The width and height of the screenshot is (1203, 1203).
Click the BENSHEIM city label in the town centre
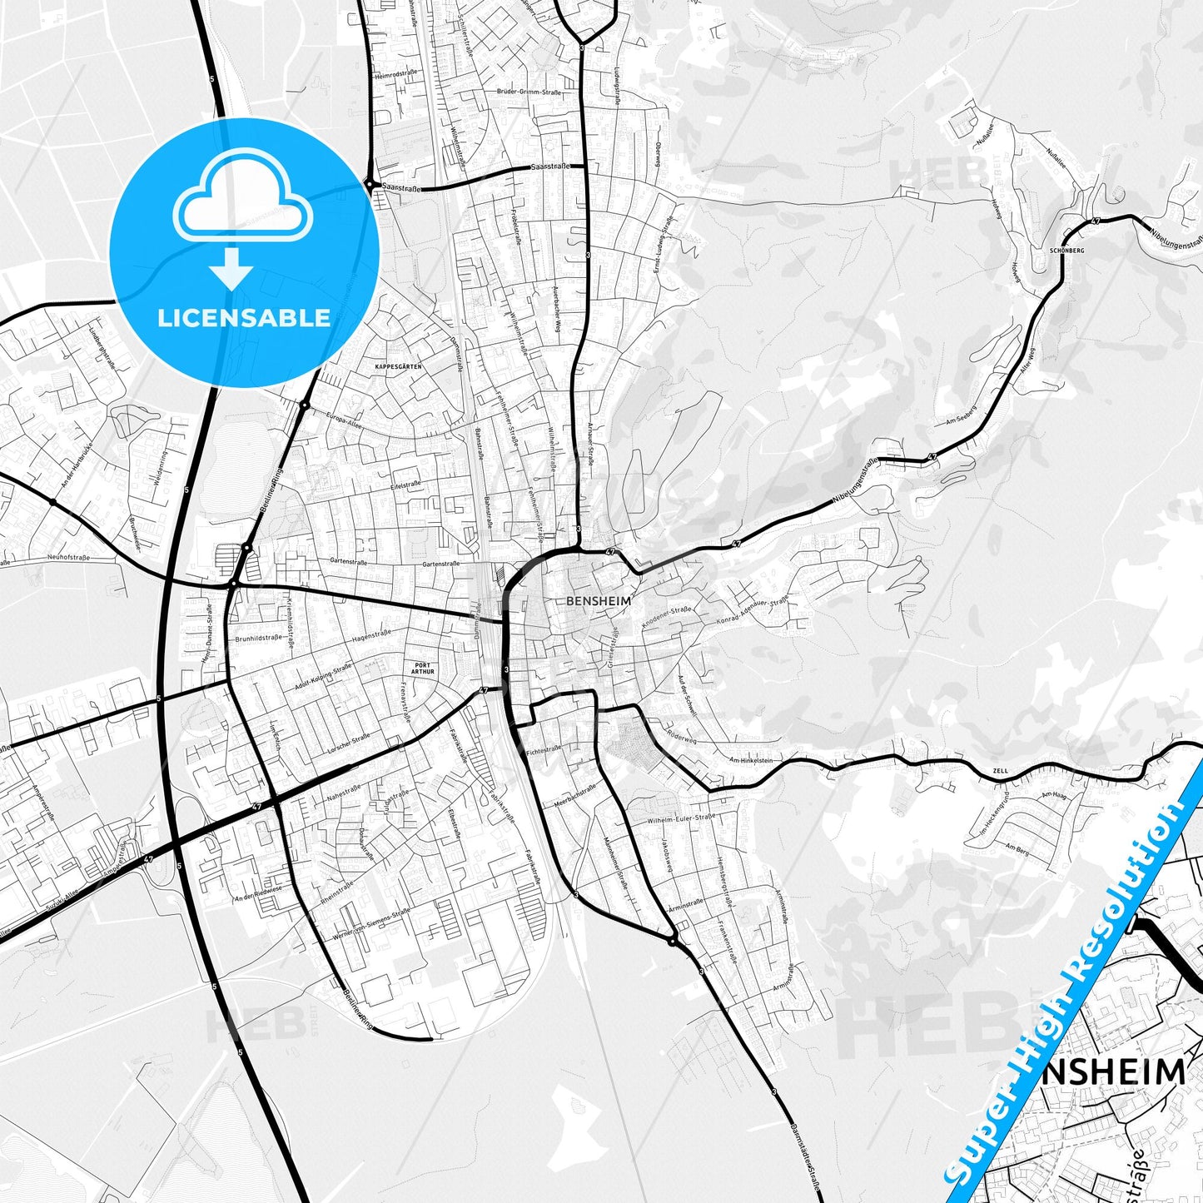(x=598, y=599)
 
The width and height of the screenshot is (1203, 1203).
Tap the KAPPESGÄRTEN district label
(x=398, y=366)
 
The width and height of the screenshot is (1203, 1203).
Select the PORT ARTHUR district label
(x=423, y=669)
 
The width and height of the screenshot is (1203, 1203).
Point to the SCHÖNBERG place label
(x=1067, y=250)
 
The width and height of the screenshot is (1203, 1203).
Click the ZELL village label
(x=1000, y=771)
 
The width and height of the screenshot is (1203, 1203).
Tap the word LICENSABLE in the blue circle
(x=244, y=317)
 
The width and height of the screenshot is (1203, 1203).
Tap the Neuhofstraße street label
(x=68, y=557)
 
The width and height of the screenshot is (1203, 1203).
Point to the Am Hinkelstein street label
(x=750, y=760)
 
